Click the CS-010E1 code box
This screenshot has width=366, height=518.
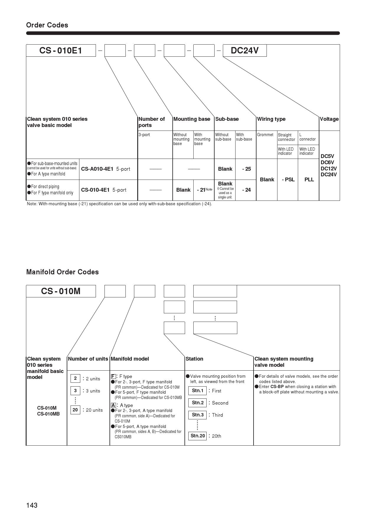61,51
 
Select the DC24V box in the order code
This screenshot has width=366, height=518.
244,51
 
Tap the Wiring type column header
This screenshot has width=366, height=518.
271,119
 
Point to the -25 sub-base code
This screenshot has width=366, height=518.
246,169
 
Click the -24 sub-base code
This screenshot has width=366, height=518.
246,190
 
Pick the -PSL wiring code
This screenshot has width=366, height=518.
288,180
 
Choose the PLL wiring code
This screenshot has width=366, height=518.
309,180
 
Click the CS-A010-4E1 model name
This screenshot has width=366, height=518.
97,169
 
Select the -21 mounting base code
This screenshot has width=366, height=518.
201,190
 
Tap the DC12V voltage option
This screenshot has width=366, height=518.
329,169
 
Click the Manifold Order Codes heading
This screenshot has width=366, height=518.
62,272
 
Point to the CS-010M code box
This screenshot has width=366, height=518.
61,291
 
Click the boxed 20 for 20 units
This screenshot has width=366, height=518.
75,410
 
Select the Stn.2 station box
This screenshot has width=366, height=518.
197,403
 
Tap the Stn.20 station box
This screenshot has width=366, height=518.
197,436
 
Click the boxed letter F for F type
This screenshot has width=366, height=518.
113,377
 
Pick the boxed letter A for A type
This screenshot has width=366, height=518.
113,405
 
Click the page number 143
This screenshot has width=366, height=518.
32,505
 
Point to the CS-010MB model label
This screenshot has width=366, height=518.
48,414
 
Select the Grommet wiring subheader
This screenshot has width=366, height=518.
265,135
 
